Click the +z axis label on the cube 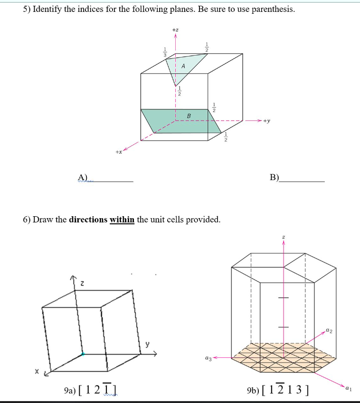[x=175, y=30]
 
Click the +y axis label [x=266, y=121]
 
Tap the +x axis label [x=119, y=152]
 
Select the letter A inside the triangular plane [x=183, y=66]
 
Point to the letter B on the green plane [x=189, y=116]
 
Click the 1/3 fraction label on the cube [x=165, y=52]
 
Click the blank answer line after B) [x=302, y=182]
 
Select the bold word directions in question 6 [x=88, y=220]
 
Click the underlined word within [x=122, y=220]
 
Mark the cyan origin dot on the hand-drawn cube [x=83, y=354]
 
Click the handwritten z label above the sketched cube [x=82, y=284]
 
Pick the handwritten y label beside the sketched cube [x=147, y=344]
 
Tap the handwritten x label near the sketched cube [x=37, y=371]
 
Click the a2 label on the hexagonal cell [x=329, y=330]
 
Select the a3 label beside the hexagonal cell [x=208, y=358]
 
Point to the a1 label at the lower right [x=348, y=388]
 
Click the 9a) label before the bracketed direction [x=70, y=391]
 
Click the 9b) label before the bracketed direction [x=253, y=391]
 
